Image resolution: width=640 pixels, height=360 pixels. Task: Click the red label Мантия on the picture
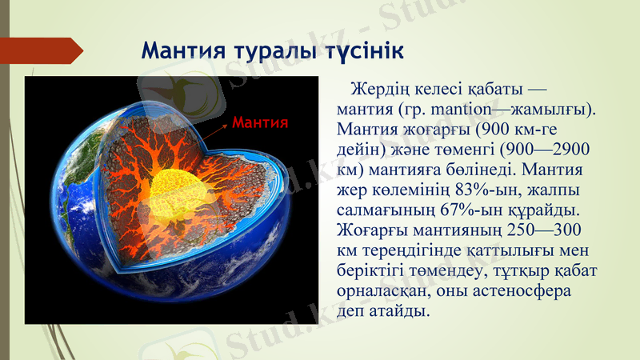259,123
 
